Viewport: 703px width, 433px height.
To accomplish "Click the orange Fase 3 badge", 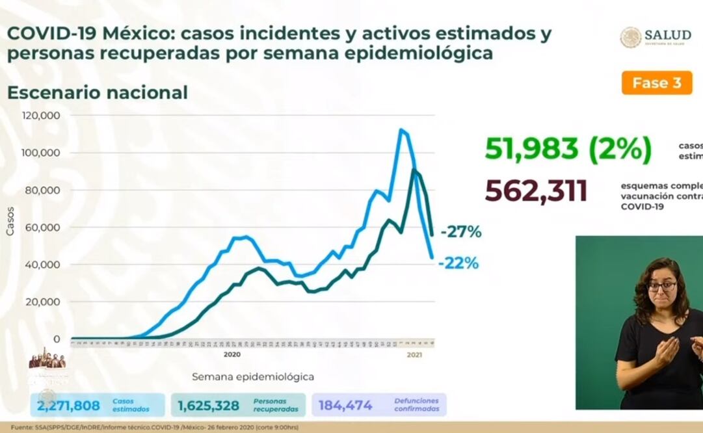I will tap(656, 83).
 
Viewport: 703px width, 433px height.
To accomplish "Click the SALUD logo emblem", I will tap(630, 37).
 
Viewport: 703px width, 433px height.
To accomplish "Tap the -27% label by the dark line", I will tap(461, 231).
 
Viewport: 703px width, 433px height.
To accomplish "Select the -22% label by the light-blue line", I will tap(458, 263).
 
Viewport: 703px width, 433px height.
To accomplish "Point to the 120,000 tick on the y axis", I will tap(42, 116).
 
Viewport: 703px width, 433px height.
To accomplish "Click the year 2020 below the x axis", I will tap(232, 355).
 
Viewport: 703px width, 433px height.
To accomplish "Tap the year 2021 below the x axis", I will tap(414, 355).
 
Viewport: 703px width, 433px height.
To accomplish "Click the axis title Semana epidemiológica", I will tap(253, 376).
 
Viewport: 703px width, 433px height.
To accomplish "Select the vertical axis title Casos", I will tap(10, 222).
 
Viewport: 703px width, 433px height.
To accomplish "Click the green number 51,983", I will tap(531, 149).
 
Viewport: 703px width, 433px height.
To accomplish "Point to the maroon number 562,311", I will tap(536, 190).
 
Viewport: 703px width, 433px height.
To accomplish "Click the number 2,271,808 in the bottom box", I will tap(68, 406).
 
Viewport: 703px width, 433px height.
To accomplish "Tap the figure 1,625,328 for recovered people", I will tap(208, 406).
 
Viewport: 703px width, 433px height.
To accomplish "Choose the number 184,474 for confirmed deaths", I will tap(345, 406).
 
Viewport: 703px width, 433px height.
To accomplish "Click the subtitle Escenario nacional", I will tap(97, 92).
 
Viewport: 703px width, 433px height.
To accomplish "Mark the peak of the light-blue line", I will tap(401, 130).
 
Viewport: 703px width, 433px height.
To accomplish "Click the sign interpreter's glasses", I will tap(662, 285).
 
